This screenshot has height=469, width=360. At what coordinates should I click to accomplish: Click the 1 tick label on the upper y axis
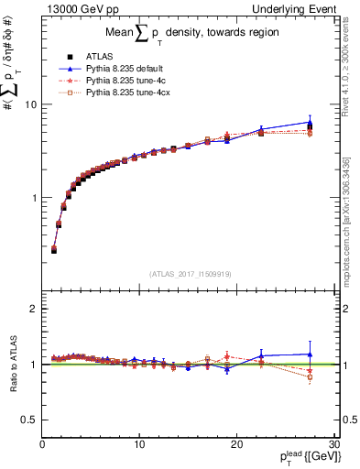pos(35,198)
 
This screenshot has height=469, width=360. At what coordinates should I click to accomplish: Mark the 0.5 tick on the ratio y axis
pos(31,420)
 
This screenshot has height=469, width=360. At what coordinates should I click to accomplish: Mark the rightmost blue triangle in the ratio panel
pos(310,354)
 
